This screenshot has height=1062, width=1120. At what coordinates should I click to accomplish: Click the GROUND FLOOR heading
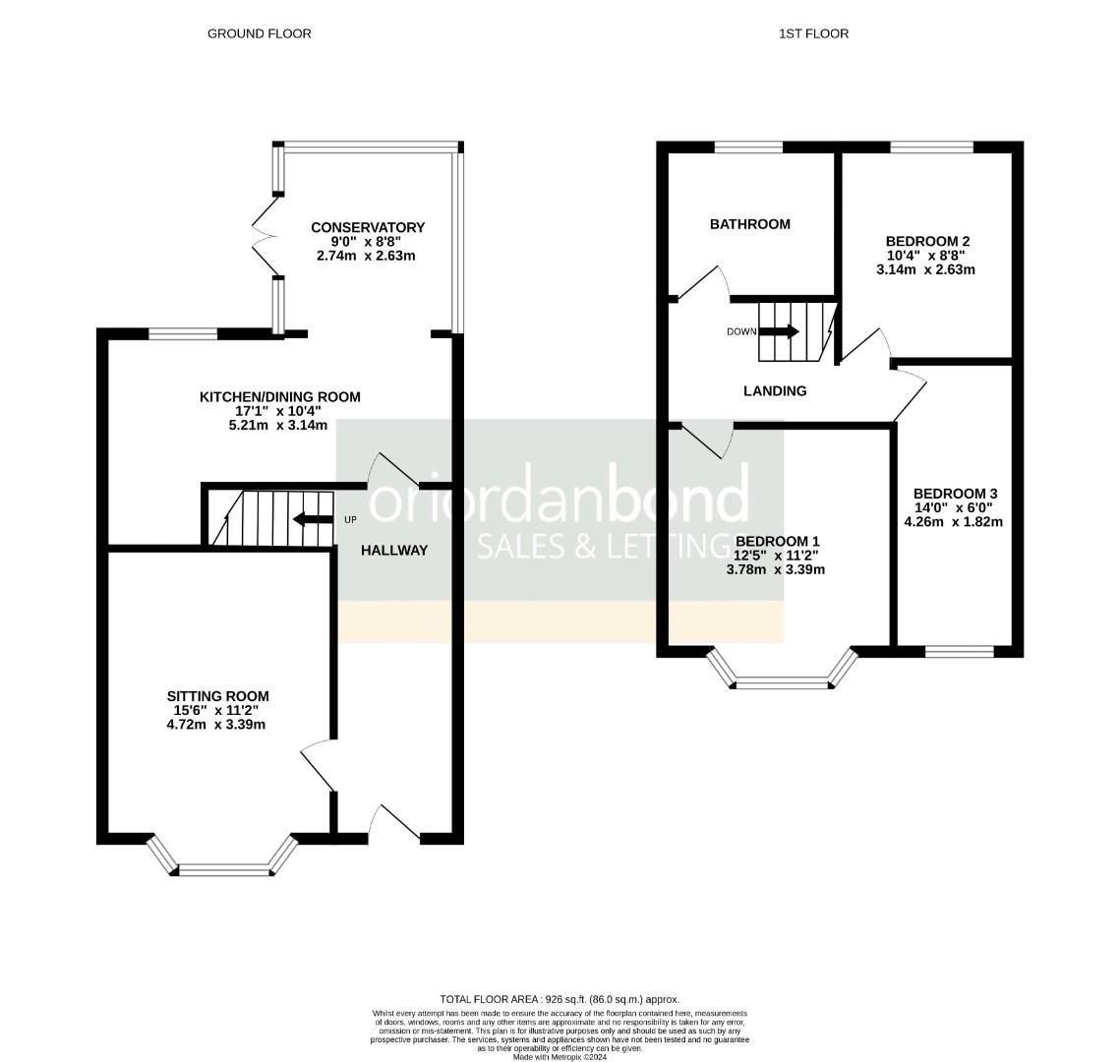[259, 33]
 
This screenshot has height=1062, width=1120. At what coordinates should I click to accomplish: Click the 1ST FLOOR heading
[813, 33]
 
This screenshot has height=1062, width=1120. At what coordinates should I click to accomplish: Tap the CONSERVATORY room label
[367, 227]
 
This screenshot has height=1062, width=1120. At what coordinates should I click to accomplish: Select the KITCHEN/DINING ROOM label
[280, 397]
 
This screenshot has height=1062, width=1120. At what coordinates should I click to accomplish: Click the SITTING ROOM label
[217, 696]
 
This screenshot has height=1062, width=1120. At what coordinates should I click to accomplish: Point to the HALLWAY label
[393, 551]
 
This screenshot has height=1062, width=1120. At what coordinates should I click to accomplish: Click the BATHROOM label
[749, 224]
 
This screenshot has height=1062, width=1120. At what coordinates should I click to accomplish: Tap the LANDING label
[775, 391]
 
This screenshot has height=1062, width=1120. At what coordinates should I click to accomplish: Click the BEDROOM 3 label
[956, 494]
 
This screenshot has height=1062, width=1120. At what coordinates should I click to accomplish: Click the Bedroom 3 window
[960, 651]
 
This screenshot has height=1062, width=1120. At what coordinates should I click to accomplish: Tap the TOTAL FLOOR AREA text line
[560, 999]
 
